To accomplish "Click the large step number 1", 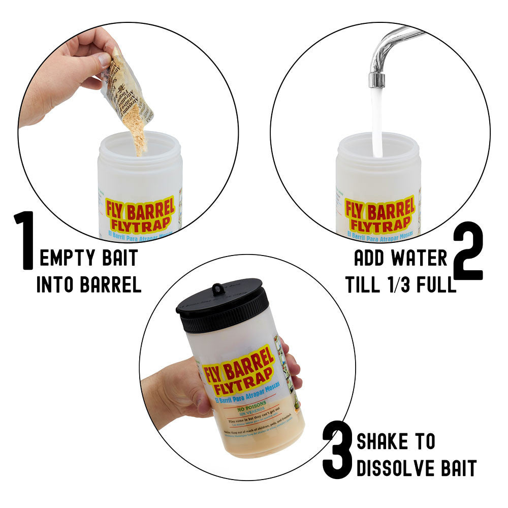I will click(x=24, y=240).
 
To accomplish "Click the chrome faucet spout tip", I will click(x=376, y=80).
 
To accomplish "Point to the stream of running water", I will click(x=377, y=122).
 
